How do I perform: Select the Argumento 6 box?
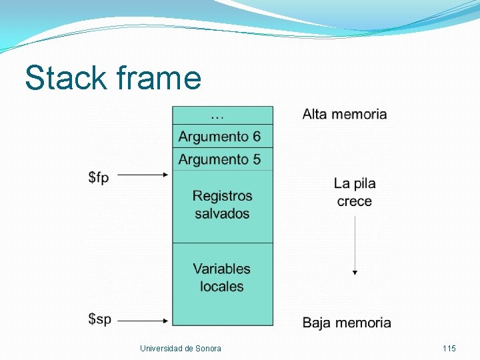pos(219,137)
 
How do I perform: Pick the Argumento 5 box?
pos(219,159)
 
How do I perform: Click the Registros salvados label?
pos(222,205)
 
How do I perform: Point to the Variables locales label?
pos(222,277)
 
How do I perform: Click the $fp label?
pos(99,177)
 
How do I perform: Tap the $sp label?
pos(99,319)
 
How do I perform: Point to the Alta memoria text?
pos(345,114)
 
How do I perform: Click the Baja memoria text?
pos(347,323)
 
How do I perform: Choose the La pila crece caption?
pos(355,192)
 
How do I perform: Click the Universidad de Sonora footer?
pos(181,349)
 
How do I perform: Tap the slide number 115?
pos(449,349)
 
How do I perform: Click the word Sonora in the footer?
pos(209,349)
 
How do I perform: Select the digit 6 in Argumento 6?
pos(256,137)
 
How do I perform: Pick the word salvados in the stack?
pos(222,214)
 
